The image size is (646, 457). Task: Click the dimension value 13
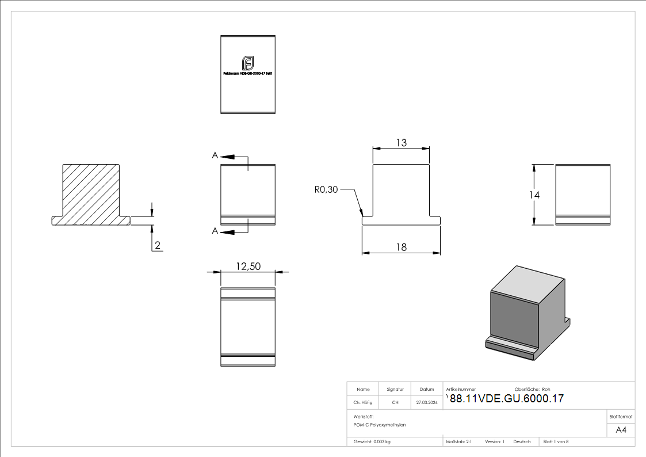tap(401, 143)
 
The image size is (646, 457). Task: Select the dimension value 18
tap(401, 247)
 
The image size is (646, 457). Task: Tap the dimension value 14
tap(534, 195)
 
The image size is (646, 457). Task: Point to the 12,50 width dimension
tap(248, 266)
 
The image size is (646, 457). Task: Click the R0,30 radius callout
tap(326, 189)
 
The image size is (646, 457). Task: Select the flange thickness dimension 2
tap(158, 246)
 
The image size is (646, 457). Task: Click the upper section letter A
tap(215, 155)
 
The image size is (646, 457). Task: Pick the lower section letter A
tap(215, 231)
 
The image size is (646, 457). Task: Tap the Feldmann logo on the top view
tap(248, 62)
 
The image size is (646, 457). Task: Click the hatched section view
tap(91, 193)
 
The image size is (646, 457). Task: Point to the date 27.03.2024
tap(427, 403)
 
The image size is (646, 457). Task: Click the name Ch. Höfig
tap(362, 403)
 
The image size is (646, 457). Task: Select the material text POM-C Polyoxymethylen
tap(380, 424)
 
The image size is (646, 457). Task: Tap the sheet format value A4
tap(621, 430)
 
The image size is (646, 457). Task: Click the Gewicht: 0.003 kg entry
tap(372, 442)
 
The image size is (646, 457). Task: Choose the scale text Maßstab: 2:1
tap(459, 442)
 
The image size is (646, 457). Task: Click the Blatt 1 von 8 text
tap(556, 442)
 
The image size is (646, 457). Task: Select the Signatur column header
tap(395, 389)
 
